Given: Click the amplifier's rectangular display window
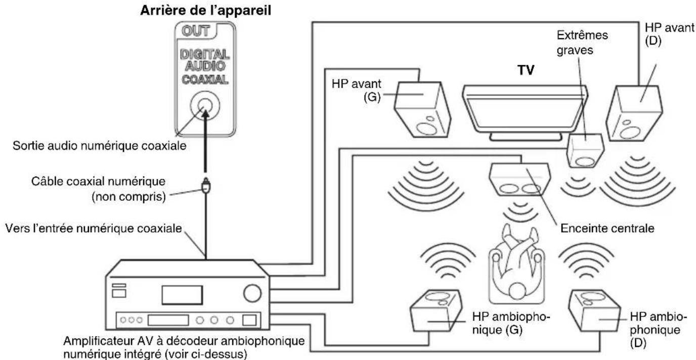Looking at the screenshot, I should pyautogui.click(x=182, y=294).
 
